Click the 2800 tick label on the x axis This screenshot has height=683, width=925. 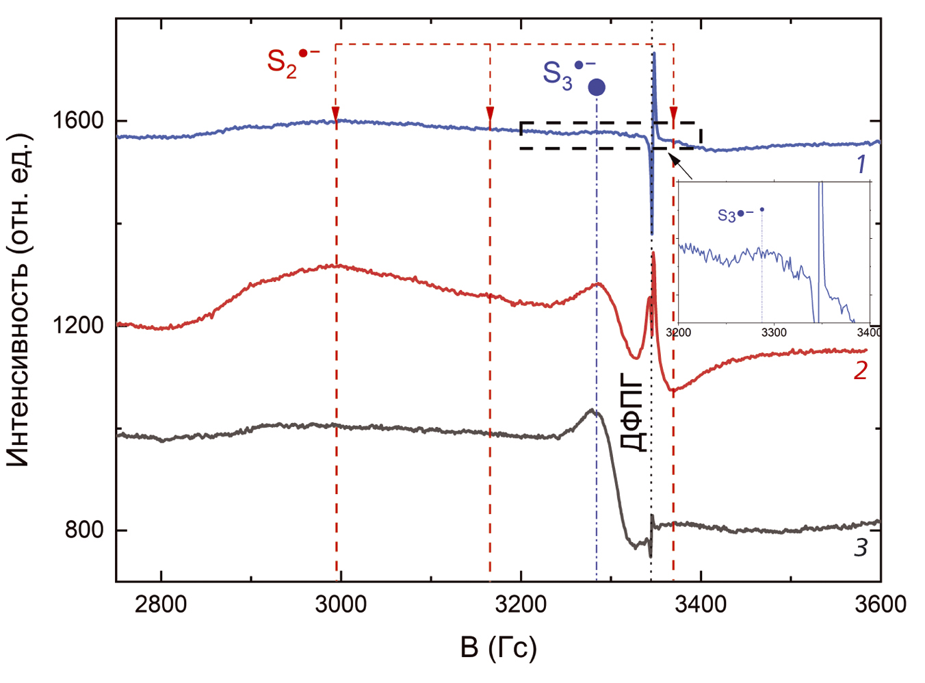coord(161,605)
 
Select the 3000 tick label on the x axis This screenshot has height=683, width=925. coord(341,605)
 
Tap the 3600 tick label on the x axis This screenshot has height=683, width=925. coord(881,605)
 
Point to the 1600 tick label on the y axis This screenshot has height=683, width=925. coord(78,121)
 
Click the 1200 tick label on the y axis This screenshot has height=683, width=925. coord(78,325)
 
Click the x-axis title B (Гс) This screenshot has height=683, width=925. coord(498,647)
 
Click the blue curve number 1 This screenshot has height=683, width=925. coord(861,164)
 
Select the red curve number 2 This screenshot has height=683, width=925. coord(860,370)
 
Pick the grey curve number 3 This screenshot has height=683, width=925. coord(860,547)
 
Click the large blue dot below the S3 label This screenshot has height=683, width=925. coord(597,88)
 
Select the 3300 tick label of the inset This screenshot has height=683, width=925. coord(774,333)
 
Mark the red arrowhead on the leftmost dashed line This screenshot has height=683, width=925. coord(336,113)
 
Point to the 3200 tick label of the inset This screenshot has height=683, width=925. coord(679,333)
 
